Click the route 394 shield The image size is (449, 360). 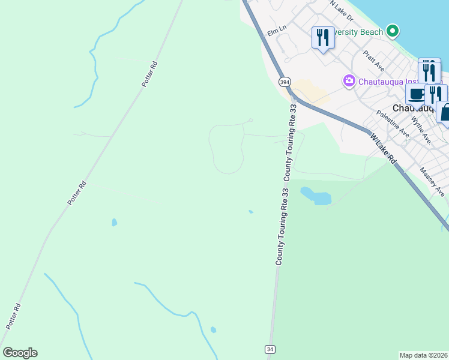tap(285, 82)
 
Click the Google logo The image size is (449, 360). tap(20, 353)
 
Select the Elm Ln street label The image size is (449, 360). tap(277, 28)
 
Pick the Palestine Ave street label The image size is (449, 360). tap(393, 124)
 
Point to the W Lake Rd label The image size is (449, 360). tap(383, 149)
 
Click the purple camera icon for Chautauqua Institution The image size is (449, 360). tap(349, 80)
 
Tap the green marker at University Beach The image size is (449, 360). tap(393, 30)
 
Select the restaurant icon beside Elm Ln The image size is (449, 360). tap(323, 37)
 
